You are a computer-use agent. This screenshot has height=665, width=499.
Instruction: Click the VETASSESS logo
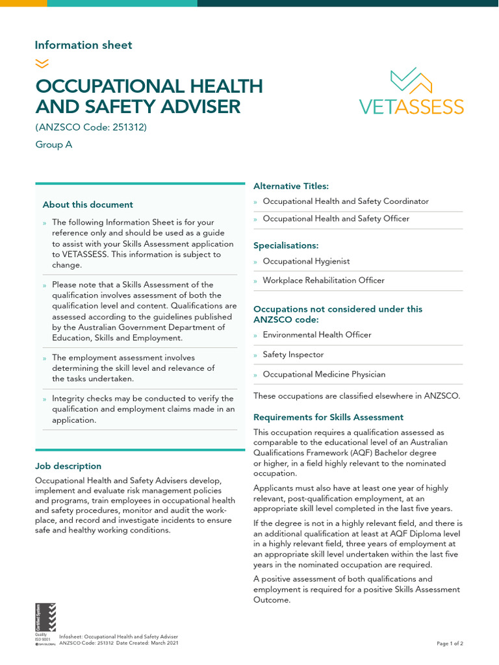point(411,92)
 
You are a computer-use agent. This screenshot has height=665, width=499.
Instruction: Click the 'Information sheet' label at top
point(83,45)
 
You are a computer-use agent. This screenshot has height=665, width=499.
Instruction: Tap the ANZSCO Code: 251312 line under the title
point(91,127)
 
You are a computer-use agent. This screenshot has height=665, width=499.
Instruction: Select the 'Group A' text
point(53,145)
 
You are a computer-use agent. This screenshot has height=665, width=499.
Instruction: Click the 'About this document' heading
point(88,205)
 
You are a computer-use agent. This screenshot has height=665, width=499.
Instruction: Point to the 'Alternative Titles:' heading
point(290,186)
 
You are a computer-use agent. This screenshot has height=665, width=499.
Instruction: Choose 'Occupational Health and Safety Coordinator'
point(346,201)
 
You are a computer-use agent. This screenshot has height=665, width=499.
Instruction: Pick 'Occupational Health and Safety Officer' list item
point(336,219)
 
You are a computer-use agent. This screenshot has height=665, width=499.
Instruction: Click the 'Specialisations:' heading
point(286,246)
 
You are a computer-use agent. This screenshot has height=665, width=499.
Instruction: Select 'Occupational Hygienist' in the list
point(306,261)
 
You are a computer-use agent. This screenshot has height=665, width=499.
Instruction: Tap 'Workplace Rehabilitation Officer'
point(324,281)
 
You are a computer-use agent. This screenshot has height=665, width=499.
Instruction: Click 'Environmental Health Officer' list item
point(317,335)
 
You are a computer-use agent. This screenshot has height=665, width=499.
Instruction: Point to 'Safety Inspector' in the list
point(293,355)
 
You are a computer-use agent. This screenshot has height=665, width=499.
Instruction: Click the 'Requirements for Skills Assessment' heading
point(328,418)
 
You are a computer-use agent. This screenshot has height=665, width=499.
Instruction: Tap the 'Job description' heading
point(68,466)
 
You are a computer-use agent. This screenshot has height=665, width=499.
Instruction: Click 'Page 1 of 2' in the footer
point(450,644)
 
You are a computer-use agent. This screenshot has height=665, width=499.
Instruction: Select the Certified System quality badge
point(45,622)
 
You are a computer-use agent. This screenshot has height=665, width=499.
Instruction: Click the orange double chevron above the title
point(42,63)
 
